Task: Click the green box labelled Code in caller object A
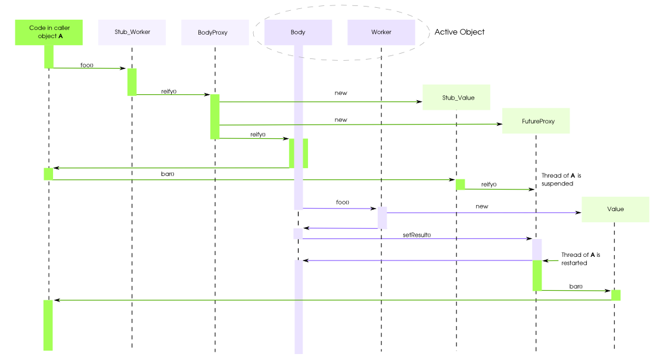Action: pyautogui.click(x=48, y=32)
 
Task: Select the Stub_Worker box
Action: pyautogui.click(x=132, y=32)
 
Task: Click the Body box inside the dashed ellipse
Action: pyautogui.click(x=298, y=32)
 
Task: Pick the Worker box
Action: pyautogui.click(x=381, y=32)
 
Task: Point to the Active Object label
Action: pyautogui.click(x=459, y=32)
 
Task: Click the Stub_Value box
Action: pyautogui.click(x=456, y=97)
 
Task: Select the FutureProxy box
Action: pyautogui.click(x=536, y=122)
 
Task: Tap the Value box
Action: pyautogui.click(x=615, y=209)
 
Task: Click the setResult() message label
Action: pyautogui.click(x=416, y=235)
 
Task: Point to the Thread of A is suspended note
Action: pyautogui.click(x=561, y=180)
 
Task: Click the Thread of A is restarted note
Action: pyautogui.click(x=580, y=259)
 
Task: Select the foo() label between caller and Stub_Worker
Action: pyautogui.click(x=87, y=64)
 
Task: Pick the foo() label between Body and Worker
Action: pyautogui.click(x=343, y=203)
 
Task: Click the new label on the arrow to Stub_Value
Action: pyautogui.click(x=341, y=93)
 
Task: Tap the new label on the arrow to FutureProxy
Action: pyautogui.click(x=341, y=120)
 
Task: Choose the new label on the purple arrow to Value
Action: pyautogui.click(x=482, y=206)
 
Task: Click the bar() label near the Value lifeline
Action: pyautogui.click(x=576, y=287)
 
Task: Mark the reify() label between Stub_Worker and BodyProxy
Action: pyautogui.click(x=169, y=91)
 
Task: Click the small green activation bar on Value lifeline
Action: pyautogui.click(x=615, y=295)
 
